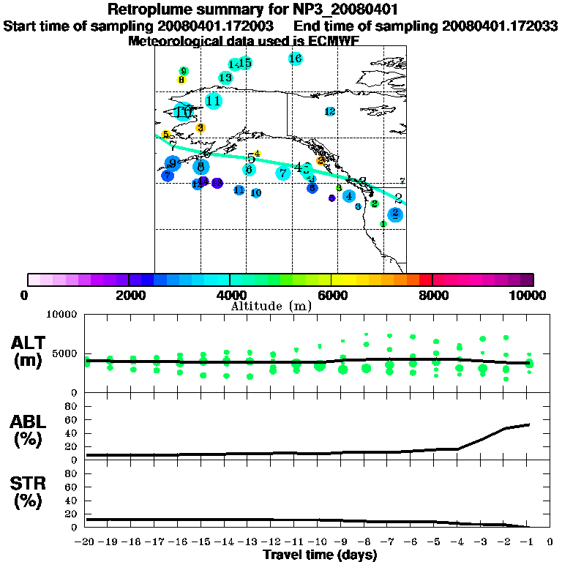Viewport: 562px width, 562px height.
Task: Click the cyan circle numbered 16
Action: [296, 59]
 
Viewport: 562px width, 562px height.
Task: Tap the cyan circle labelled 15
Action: [245, 63]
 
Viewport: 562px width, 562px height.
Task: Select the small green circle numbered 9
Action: [184, 71]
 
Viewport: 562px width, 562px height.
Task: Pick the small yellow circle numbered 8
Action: [181, 80]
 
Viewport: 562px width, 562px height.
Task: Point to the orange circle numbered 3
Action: [201, 127]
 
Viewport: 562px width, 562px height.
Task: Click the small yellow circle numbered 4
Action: [257, 154]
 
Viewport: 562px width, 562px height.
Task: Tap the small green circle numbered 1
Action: [383, 224]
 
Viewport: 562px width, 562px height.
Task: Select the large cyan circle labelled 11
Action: [214, 101]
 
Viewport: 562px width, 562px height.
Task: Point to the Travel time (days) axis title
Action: [320, 555]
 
